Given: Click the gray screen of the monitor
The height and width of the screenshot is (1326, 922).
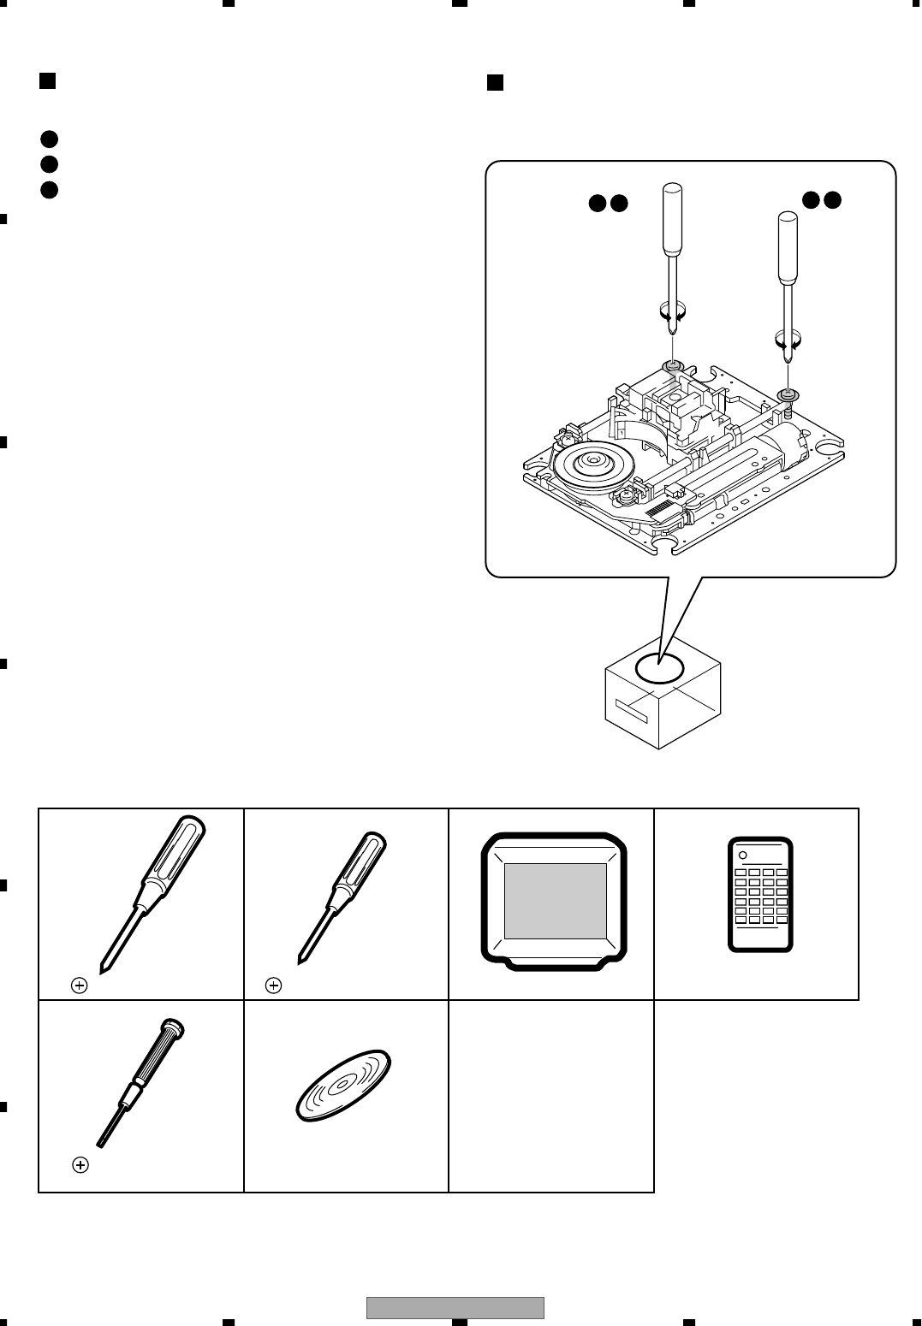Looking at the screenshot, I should [556, 901].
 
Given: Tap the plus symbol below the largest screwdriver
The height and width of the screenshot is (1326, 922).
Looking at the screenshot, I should [79, 986].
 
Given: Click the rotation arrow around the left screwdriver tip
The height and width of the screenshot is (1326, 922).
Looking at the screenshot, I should [674, 311].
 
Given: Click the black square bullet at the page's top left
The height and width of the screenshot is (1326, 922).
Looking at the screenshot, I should [48, 81].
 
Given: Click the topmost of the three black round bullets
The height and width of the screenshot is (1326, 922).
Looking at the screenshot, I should [49, 139].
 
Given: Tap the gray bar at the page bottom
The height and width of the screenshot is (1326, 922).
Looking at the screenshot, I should [455, 1308].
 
